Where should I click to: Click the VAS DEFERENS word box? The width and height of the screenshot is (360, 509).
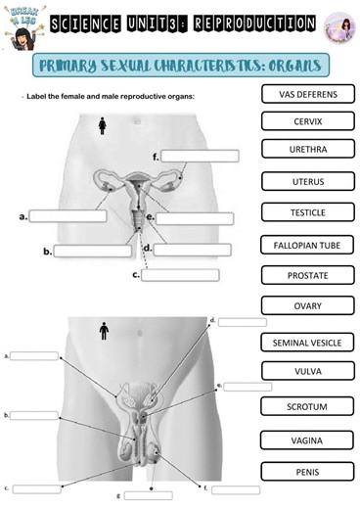pyautogui.click(x=307, y=94)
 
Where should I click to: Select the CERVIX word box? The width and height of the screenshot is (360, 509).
pyautogui.click(x=307, y=122)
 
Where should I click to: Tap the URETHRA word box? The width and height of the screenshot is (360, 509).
pyautogui.click(x=307, y=151)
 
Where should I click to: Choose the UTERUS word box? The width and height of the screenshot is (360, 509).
pyautogui.click(x=307, y=181)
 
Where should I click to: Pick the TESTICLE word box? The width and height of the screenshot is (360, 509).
pyautogui.click(x=307, y=212)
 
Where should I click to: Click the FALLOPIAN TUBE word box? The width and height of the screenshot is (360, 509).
pyautogui.click(x=307, y=245)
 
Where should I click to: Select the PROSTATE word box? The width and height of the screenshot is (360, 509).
pyautogui.click(x=307, y=276)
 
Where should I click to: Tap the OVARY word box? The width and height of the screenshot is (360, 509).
pyautogui.click(x=307, y=306)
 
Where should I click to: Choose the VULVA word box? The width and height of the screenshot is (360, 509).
pyautogui.click(x=307, y=372)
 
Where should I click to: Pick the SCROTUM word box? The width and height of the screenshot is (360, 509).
pyautogui.click(x=307, y=405)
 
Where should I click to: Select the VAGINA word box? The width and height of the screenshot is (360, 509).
pyautogui.click(x=307, y=440)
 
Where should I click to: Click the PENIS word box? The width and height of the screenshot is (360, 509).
pyautogui.click(x=307, y=472)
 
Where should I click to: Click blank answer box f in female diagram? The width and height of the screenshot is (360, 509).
pyautogui.click(x=200, y=156)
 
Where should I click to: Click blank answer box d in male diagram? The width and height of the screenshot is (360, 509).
pyautogui.click(x=242, y=321)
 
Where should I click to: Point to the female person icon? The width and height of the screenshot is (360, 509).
pyautogui.click(x=104, y=126)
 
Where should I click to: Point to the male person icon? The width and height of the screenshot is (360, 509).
pyautogui.click(x=104, y=332)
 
